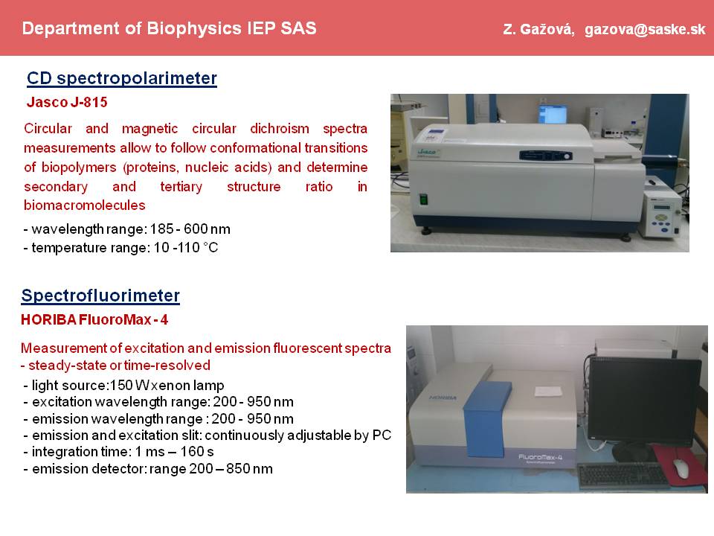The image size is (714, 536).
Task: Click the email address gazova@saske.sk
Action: pyautogui.click(x=645, y=30)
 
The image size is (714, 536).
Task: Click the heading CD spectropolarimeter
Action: pyautogui.click(x=122, y=78)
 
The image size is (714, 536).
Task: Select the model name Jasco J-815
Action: pyautogui.click(x=67, y=102)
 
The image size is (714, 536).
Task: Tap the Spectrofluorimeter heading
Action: pyautogui.click(x=100, y=296)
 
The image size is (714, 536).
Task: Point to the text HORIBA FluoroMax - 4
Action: pyautogui.click(x=94, y=319)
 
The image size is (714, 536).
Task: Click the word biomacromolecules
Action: pyautogui.click(x=85, y=205)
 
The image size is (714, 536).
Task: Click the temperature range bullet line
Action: pyautogui.click(x=120, y=247)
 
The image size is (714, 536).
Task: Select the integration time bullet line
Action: pyautogui.click(x=118, y=452)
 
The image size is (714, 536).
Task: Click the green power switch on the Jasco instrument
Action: pyautogui.click(x=423, y=200)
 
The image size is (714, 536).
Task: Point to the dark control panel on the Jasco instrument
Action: pyautogui.click(x=545, y=156)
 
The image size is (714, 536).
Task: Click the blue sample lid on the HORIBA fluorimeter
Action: pyautogui.click(x=486, y=418)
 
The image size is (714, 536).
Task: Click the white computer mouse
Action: pyautogui.click(x=681, y=468)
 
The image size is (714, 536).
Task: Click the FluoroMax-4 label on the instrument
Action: pyautogui.click(x=540, y=457)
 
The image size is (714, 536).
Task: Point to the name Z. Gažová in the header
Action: pyautogui.click(x=538, y=30)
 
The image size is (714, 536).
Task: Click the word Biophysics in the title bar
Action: pyautogui.click(x=194, y=29)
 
